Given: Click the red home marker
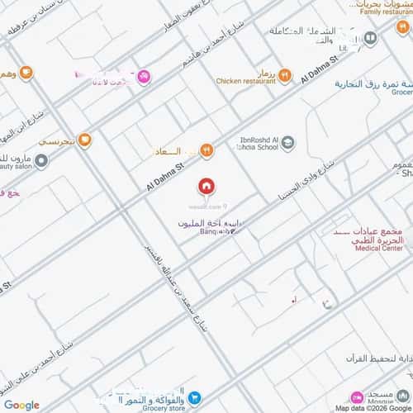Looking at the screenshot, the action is click(x=205, y=186).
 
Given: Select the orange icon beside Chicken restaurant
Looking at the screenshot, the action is click(x=285, y=75).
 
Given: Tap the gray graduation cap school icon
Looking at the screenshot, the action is click(x=287, y=145).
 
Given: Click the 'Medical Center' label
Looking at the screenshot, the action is click(x=381, y=247).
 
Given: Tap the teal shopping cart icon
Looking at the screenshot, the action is click(x=192, y=397).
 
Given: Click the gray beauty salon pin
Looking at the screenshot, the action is click(x=40, y=160).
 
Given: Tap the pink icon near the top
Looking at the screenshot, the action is click(x=145, y=76).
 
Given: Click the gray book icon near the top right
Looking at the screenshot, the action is click(x=370, y=38).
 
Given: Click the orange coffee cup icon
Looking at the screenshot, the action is click(x=27, y=73).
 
